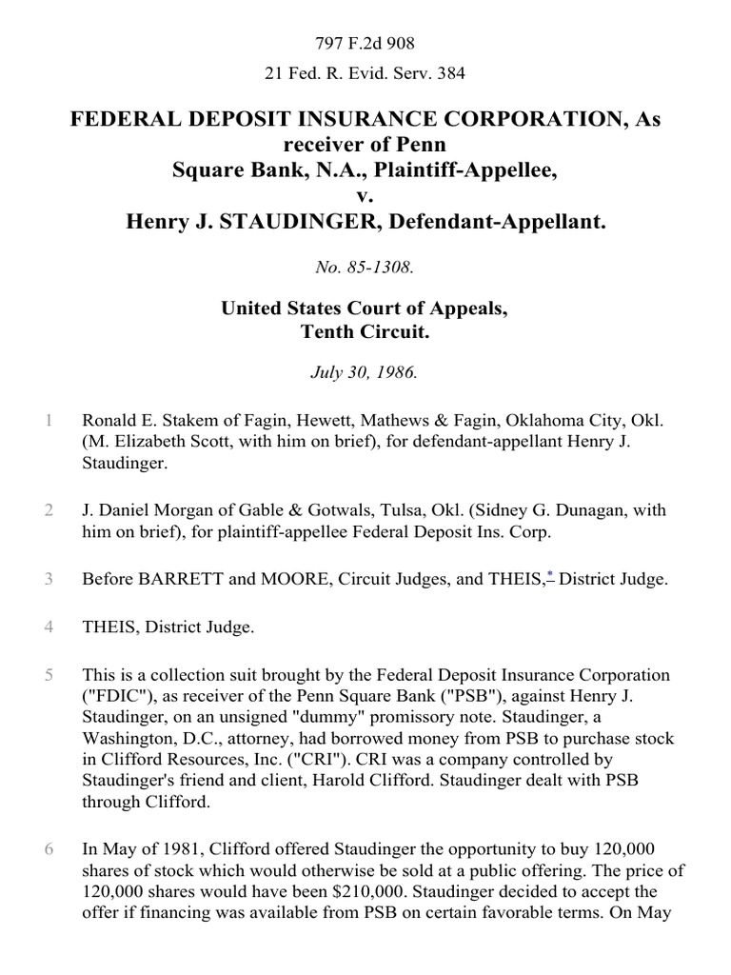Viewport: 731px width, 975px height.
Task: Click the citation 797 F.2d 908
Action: coord(365,43)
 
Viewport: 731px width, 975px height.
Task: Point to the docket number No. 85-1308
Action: coord(365,268)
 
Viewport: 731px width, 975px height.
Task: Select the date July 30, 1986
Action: coord(365,372)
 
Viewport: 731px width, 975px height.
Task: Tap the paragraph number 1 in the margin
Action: coord(48,420)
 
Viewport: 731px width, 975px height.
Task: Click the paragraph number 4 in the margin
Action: coord(48,627)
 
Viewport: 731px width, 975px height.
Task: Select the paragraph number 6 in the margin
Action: coord(48,848)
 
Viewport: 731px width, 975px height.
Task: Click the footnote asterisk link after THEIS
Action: coord(551,576)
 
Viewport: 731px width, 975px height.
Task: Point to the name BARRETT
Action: coord(168,579)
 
